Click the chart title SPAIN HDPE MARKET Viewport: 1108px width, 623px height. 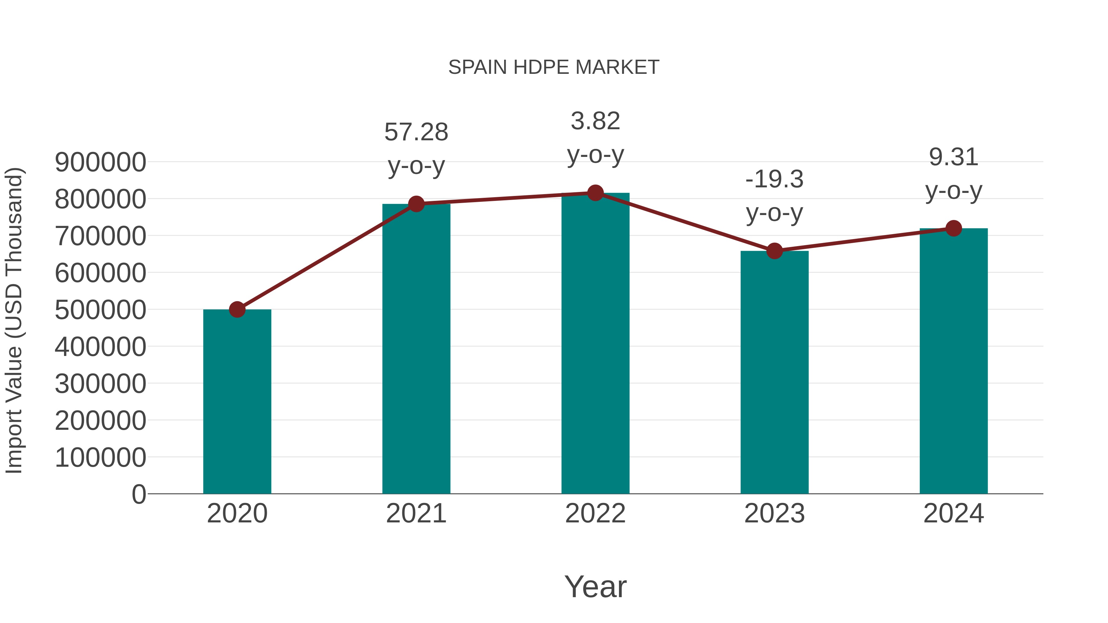554,67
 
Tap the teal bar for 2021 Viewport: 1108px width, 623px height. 416,349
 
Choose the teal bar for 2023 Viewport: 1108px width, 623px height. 774,372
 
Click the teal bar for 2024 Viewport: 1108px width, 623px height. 953,361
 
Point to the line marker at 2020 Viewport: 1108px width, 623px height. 237,309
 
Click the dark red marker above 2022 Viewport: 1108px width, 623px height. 595,193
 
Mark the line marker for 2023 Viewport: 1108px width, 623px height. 774,251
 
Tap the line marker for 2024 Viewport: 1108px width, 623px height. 953,228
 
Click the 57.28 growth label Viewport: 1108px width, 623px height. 416,132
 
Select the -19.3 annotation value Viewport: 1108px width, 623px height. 774,179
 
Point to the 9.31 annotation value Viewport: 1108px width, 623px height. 953,157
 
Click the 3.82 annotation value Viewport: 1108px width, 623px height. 595,121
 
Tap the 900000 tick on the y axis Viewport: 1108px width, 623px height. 100,162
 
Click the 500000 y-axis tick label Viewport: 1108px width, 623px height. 100,310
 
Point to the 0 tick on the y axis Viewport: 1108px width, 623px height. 138,494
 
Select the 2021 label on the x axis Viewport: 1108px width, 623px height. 416,513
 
